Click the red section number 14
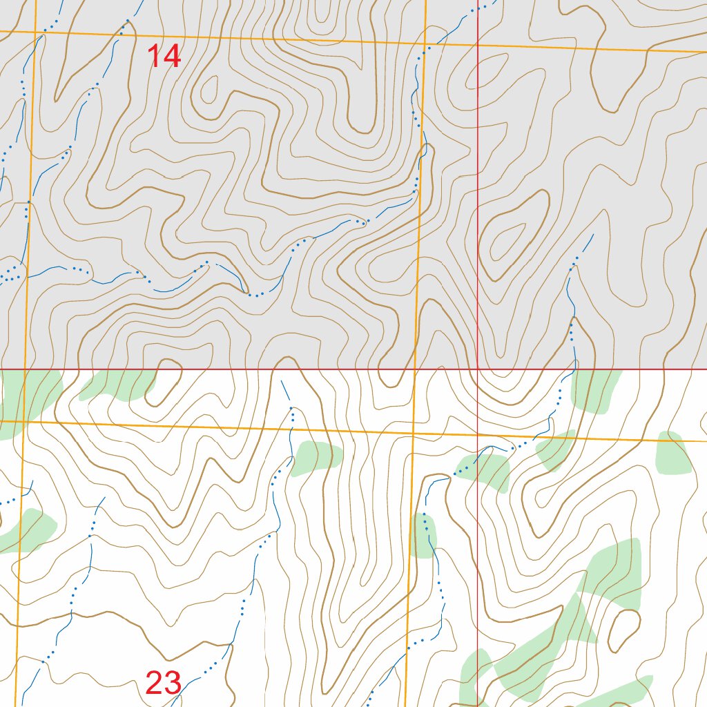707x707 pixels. point(164,56)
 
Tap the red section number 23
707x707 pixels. point(164,683)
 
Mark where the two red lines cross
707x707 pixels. point(478,369)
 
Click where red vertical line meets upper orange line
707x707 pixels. point(478,44)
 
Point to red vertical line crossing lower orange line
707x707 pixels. point(478,435)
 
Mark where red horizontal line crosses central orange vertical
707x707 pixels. point(416,369)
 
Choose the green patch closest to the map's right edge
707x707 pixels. point(674,453)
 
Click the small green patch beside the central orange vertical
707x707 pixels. point(423,535)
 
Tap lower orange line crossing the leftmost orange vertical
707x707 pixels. point(23,420)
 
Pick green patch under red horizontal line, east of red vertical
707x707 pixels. point(595,390)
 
